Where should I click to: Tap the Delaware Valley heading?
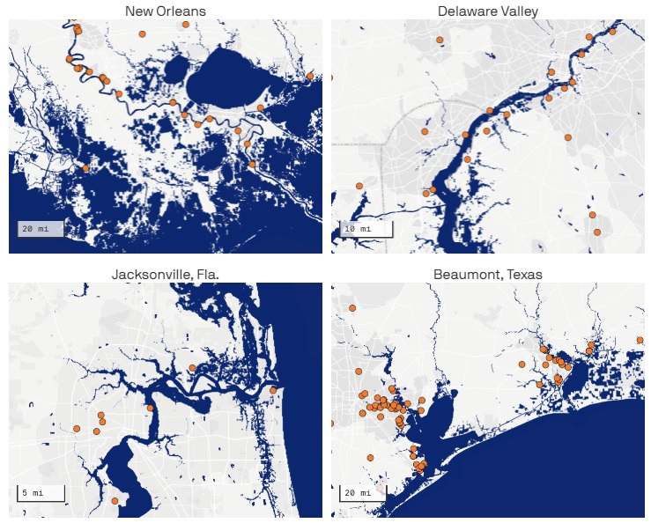pos(488,11)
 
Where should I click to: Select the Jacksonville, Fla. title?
pos(165,274)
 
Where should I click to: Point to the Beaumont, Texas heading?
pos(487,274)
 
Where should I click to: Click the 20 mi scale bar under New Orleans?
pos(40,229)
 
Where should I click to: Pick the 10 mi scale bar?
pos(361,230)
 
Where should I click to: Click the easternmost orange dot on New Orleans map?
pos(310,76)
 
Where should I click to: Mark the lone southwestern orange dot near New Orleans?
pos(85,168)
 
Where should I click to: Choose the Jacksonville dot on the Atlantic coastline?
pos(273,390)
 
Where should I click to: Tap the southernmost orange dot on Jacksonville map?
pos(115,501)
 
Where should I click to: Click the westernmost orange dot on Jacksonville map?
pos(77,429)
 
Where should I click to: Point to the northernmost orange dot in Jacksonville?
pos(192,367)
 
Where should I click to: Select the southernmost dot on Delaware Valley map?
pos(597,232)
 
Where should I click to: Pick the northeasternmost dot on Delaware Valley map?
pos(612,31)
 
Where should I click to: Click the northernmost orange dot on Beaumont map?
pos(351,308)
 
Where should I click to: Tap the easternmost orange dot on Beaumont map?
pos(640,340)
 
